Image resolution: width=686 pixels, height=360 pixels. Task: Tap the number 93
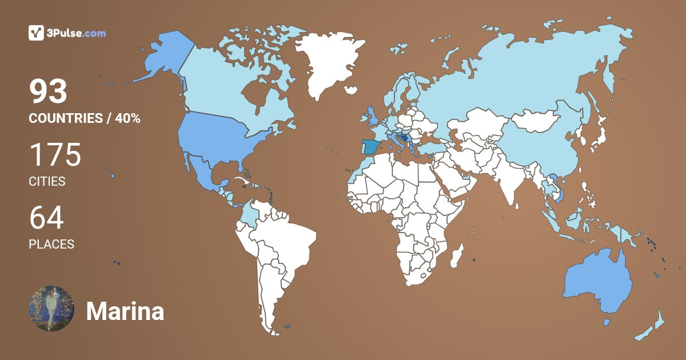point(49,91)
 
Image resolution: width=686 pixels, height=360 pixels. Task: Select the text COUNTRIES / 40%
point(85,119)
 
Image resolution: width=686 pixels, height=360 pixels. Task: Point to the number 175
point(55,155)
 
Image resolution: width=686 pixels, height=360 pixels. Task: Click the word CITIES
point(47,182)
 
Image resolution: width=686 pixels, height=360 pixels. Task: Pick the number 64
point(46,218)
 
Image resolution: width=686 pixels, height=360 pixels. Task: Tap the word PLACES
point(51,245)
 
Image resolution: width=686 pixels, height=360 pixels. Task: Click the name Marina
point(125,311)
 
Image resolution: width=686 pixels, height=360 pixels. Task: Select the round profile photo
point(51,308)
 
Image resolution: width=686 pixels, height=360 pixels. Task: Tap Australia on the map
point(597,283)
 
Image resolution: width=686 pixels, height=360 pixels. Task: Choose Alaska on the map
point(160,57)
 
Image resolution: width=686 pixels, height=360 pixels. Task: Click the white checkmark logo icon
point(37,33)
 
